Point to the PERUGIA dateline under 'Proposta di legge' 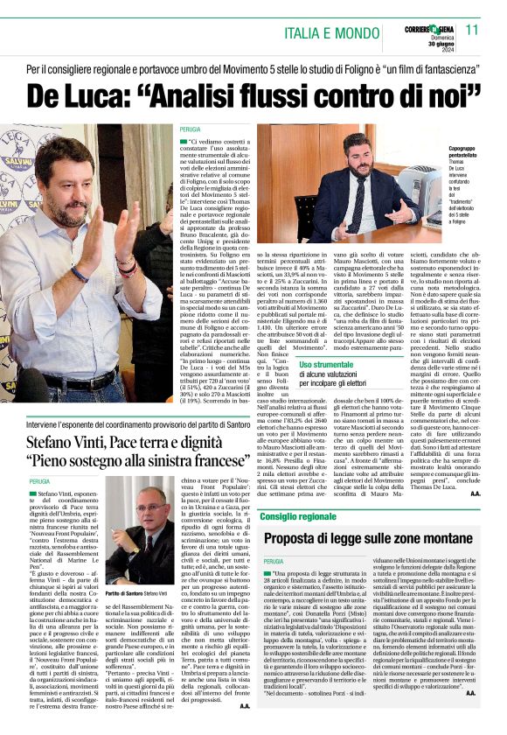click(x=274, y=561)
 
